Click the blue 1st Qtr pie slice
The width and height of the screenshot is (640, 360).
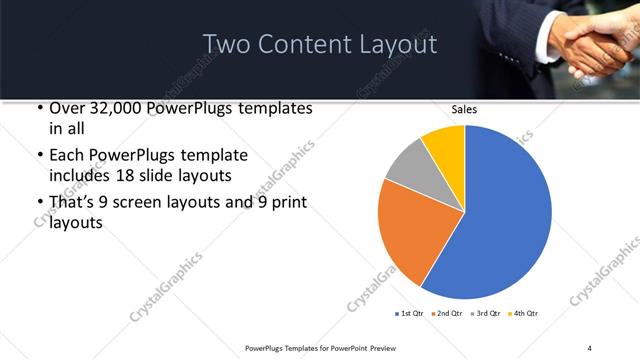point(505,215)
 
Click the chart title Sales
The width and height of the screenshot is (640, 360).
point(464,109)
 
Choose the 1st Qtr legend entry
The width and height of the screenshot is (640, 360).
point(411,314)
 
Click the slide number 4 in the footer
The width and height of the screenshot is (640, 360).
point(589,347)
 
